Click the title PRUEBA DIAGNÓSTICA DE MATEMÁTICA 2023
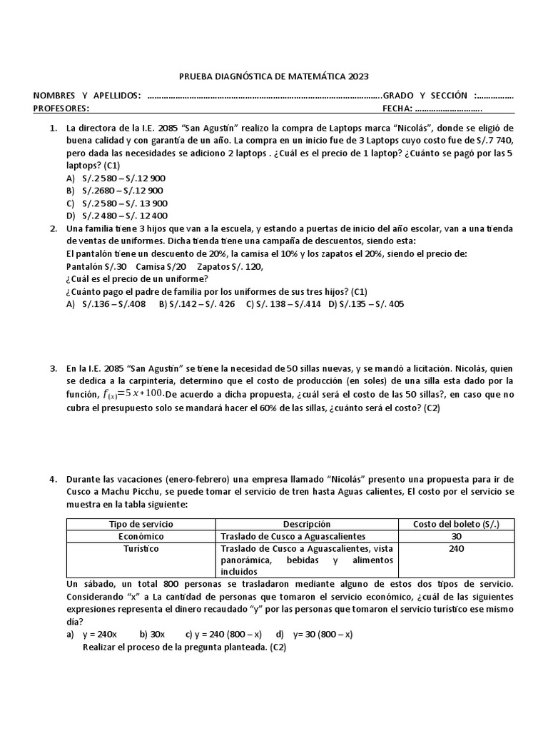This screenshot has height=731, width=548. coord(273,77)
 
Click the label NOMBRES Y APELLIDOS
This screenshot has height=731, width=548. coord(87,96)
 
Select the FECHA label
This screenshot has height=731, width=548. coord(397,109)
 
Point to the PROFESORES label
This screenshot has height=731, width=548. coord(61,109)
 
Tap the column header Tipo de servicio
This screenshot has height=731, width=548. coord(140,524)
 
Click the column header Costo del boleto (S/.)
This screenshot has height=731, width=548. coord(456,524)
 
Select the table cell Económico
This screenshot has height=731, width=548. coord(140,536)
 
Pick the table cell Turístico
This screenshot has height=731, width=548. coord(140,549)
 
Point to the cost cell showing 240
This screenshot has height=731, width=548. coord(456,549)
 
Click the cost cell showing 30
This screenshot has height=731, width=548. coord(456,536)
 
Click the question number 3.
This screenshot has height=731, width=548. coord(54,368)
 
